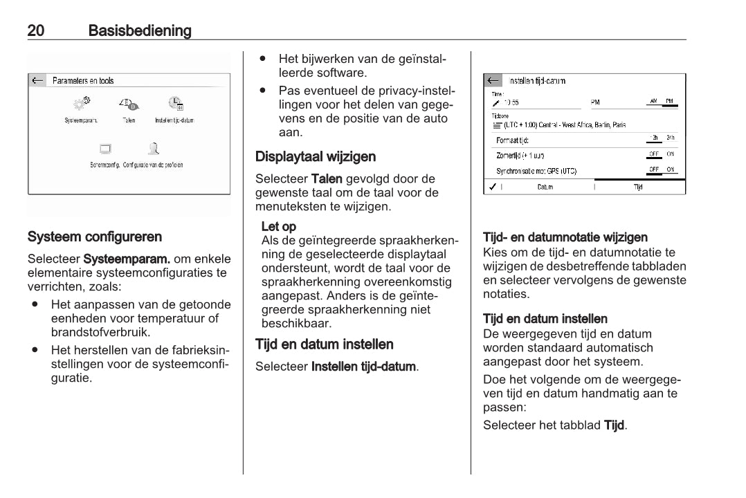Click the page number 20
point(36,30)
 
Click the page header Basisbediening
point(140,30)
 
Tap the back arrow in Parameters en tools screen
point(37,81)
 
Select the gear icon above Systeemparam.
point(81,104)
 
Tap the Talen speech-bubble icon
point(129,104)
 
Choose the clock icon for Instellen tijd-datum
point(175,104)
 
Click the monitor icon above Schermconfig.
point(105,149)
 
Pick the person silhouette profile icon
point(154,148)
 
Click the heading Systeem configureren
point(95,237)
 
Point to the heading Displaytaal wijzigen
point(316,156)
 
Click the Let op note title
point(279,226)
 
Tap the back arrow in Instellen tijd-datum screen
point(493,81)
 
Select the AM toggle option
point(653,102)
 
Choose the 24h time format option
point(670,138)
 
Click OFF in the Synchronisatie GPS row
point(653,169)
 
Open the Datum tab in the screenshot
point(545,187)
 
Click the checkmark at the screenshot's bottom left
point(491,187)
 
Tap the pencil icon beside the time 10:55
point(495,102)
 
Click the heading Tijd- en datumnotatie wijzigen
point(565,238)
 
